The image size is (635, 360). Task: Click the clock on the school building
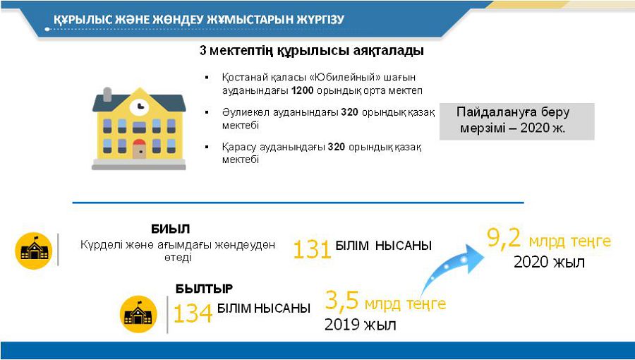139,107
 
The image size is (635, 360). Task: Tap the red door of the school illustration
139,149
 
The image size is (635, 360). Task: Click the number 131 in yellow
312,249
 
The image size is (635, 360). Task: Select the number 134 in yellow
193,313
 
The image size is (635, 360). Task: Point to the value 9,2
503,238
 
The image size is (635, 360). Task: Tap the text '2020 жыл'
549,263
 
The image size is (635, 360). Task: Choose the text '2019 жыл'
360,325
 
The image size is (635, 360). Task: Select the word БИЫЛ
170,229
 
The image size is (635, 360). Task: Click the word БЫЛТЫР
204,289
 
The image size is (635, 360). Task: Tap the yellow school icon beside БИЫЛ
35,250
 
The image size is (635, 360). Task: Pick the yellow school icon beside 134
138,314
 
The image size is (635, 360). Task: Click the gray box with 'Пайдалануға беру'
516,121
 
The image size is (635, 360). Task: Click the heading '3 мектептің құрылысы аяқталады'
311,52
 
